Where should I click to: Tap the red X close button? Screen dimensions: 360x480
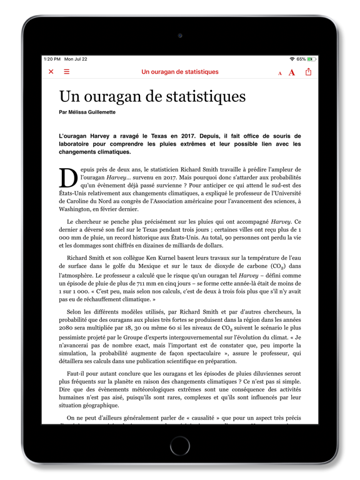(x=51, y=72)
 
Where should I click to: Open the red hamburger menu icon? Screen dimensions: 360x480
(x=67, y=72)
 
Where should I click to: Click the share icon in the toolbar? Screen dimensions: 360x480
(x=308, y=72)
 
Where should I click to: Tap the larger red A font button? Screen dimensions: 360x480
(x=292, y=72)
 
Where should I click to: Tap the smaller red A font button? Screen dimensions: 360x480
(x=280, y=73)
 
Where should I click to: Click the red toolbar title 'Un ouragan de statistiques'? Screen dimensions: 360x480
(x=180, y=72)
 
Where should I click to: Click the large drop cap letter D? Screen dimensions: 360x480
(x=68, y=178)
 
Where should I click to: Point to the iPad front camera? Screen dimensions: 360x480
(x=180, y=36)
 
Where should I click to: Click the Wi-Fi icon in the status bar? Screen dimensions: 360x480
(x=292, y=59)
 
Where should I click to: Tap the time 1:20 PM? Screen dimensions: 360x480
(x=52, y=59)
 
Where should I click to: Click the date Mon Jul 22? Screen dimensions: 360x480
(x=76, y=59)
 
